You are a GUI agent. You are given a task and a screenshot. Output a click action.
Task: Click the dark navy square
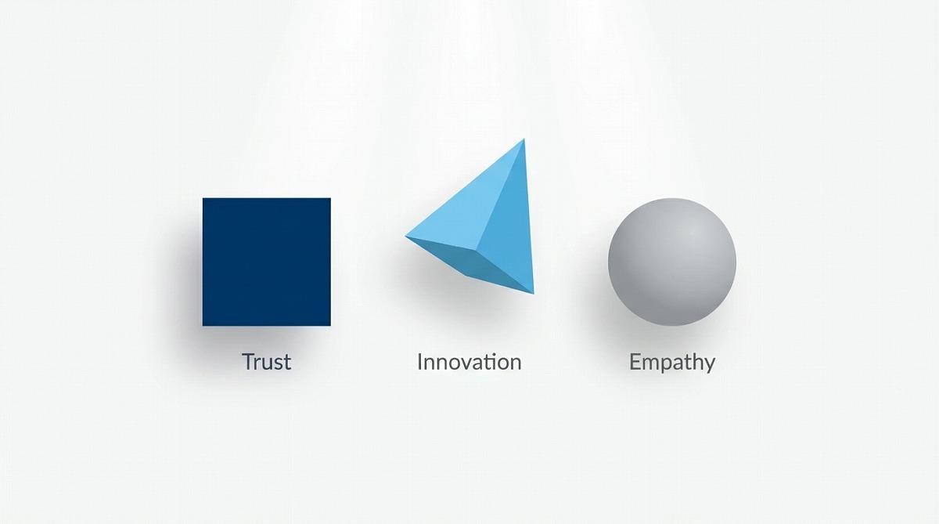tap(267, 262)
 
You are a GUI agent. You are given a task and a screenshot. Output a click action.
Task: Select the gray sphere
tap(672, 262)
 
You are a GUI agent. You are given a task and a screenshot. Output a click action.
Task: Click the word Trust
tap(267, 362)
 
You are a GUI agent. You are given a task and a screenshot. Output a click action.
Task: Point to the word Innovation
tap(469, 362)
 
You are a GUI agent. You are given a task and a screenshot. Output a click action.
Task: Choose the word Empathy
tap(672, 363)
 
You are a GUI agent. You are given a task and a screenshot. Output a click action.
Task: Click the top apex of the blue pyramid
tap(524, 139)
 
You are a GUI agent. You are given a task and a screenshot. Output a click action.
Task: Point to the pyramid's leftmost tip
tap(405, 237)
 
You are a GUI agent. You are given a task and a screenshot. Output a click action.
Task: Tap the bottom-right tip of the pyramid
tap(534, 294)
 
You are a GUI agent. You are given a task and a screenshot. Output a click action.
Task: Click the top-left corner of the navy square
tap(203, 198)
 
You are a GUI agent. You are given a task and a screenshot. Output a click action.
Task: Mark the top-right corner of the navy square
tap(330, 198)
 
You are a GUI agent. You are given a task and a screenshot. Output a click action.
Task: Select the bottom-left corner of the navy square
tap(203, 326)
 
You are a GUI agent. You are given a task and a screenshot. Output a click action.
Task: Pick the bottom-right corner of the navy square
tap(330, 326)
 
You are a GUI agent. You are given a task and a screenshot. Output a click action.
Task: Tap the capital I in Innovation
tap(419, 362)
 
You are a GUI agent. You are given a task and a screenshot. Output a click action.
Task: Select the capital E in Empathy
tap(635, 362)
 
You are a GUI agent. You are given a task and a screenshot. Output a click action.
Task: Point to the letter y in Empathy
tap(709, 366)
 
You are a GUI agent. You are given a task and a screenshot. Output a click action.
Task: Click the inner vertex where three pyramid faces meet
tap(477, 251)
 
